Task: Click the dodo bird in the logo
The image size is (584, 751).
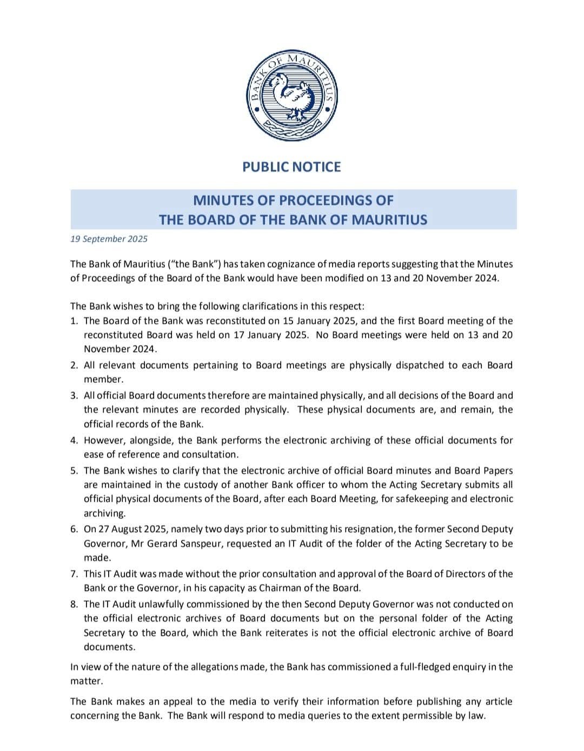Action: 290,96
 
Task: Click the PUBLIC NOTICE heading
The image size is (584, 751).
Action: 291,167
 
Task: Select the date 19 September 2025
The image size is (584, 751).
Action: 109,239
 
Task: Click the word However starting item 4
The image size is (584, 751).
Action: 103,440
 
